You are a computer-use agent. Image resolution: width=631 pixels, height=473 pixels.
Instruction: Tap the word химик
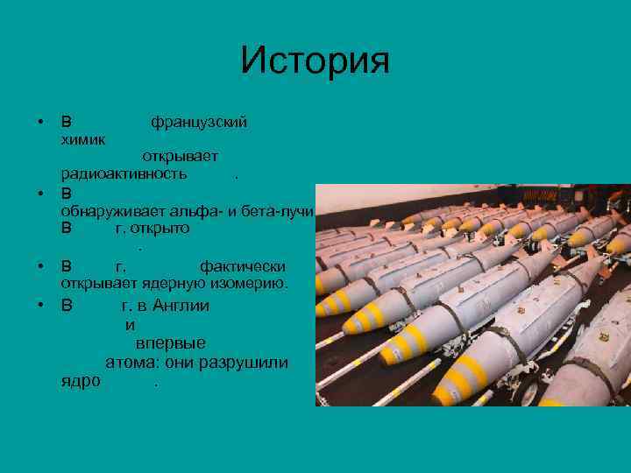83,138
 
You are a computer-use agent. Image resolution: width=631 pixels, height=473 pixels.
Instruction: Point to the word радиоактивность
124,173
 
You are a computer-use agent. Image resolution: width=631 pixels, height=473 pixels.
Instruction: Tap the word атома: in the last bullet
133,363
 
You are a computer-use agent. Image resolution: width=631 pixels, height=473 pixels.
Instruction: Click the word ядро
81,382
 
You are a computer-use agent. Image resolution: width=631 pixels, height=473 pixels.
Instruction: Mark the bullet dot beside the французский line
40,122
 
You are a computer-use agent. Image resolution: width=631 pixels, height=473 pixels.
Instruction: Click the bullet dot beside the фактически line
40,265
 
